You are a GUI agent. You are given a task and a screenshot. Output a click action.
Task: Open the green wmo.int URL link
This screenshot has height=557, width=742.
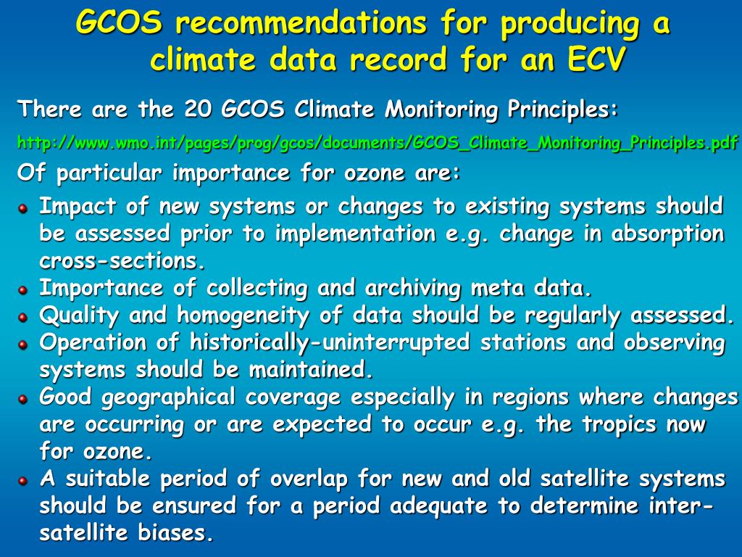378,143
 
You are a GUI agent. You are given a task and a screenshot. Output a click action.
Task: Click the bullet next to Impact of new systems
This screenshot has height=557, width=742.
23,208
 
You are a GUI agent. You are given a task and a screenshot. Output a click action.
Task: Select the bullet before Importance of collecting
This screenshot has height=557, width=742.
23,290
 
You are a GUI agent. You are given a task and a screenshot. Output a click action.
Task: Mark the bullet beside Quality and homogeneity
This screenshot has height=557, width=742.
23,317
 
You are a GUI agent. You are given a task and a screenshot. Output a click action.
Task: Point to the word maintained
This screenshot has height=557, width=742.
311,370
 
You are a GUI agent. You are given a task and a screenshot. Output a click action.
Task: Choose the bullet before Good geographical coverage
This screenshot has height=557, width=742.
23,399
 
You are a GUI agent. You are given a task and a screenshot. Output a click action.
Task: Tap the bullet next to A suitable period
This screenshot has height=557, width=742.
23,480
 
